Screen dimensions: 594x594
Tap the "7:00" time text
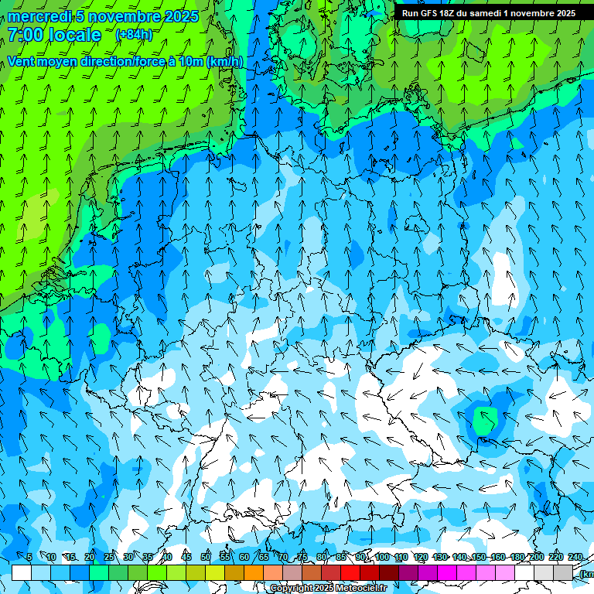point(26,35)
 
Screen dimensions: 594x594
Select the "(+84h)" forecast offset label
point(134,35)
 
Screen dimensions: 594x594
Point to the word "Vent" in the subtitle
point(22,61)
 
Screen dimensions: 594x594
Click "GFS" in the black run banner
point(430,13)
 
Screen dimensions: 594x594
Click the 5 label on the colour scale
point(29,558)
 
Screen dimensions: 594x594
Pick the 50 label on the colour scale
point(205,558)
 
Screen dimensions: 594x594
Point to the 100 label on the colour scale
point(382,558)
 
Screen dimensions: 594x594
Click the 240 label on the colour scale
point(575,558)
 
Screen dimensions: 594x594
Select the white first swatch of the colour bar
point(22,572)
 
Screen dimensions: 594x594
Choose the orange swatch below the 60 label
point(254,572)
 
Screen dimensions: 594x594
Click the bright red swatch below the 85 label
point(350,572)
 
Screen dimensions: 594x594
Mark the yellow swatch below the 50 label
point(215,572)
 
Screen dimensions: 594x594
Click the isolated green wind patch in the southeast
point(485,421)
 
